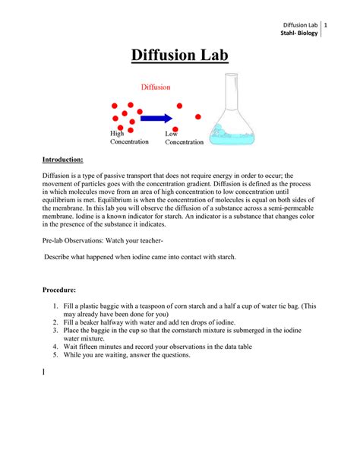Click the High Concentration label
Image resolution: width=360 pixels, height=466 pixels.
pos(128,138)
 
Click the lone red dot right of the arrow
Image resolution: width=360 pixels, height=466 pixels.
pos(199,117)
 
